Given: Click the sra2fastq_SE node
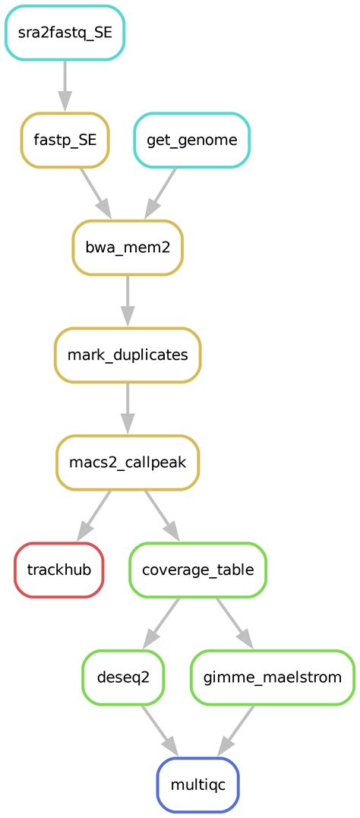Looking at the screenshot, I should [x=65, y=33].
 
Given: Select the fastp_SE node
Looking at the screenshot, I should [x=65, y=141].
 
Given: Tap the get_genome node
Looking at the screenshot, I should [x=191, y=141].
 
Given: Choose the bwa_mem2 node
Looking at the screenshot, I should [x=128, y=248].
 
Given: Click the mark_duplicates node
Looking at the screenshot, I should [x=128, y=355].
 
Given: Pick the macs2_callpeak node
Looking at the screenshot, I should [x=128, y=462].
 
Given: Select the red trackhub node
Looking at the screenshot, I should [x=58, y=570].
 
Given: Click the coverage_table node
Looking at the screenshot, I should [x=197, y=570].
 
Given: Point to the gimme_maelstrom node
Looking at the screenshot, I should [x=272, y=677].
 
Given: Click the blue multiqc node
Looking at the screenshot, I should [x=197, y=785].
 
